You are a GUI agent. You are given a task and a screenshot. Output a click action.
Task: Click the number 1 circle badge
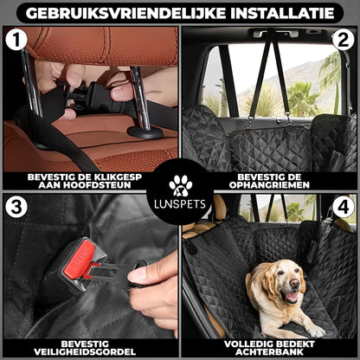(x=16, y=41)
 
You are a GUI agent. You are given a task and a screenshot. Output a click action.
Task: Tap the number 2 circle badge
(x=343, y=41)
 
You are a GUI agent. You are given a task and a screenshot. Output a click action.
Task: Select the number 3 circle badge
(x=16, y=208)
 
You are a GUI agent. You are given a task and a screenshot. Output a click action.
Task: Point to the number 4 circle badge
(x=343, y=208)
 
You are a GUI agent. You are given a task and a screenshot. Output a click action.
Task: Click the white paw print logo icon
(x=180, y=184)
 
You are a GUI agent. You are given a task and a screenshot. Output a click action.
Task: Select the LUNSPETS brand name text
(x=180, y=204)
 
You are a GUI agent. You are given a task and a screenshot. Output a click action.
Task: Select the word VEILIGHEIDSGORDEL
(x=90, y=352)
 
